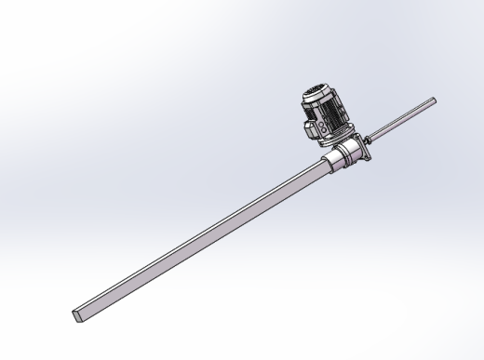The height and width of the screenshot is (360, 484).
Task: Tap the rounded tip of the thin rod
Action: pos(434,100)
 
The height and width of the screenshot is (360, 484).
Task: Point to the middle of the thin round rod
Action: pos(403,119)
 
